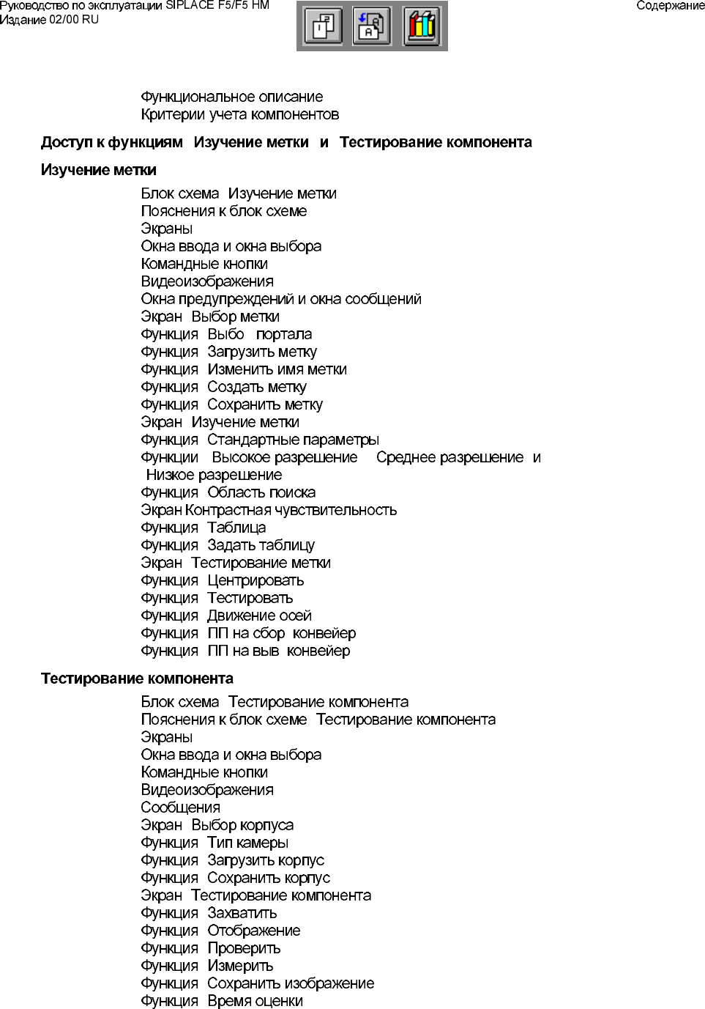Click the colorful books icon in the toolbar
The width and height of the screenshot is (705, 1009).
tap(422, 26)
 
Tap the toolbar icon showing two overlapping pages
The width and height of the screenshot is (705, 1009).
tap(323, 26)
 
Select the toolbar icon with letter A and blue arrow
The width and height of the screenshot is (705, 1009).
tap(372, 26)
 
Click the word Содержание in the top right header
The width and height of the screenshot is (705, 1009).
tap(670, 6)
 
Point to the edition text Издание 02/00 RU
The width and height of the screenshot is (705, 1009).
tap(49, 20)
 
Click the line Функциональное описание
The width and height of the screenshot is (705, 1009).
tap(231, 97)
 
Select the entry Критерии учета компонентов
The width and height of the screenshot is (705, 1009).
tap(239, 114)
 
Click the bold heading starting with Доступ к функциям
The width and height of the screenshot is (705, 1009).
tap(286, 142)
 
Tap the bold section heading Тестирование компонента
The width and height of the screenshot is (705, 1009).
tap(137, 679)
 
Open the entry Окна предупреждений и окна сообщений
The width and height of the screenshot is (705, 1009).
tap(280, 299)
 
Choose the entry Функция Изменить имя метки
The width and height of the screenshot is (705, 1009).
tap(244, 369)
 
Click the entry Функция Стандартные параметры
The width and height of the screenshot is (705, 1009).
tap(260, 440)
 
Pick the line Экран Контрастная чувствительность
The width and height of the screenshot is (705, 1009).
tap(269, 510)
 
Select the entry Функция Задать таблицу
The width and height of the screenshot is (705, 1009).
tap(228, 545)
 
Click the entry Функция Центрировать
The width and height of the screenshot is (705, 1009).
tap(222, 580)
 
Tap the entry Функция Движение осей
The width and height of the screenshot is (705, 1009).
tap(226, 616)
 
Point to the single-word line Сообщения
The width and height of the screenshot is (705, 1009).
tap(180, 807)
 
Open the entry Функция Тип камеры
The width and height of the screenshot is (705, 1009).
tap(215, 843)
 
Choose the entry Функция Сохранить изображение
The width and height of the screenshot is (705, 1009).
tap(257, 983)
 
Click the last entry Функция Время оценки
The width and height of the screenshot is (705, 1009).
tap(222, 1001)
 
